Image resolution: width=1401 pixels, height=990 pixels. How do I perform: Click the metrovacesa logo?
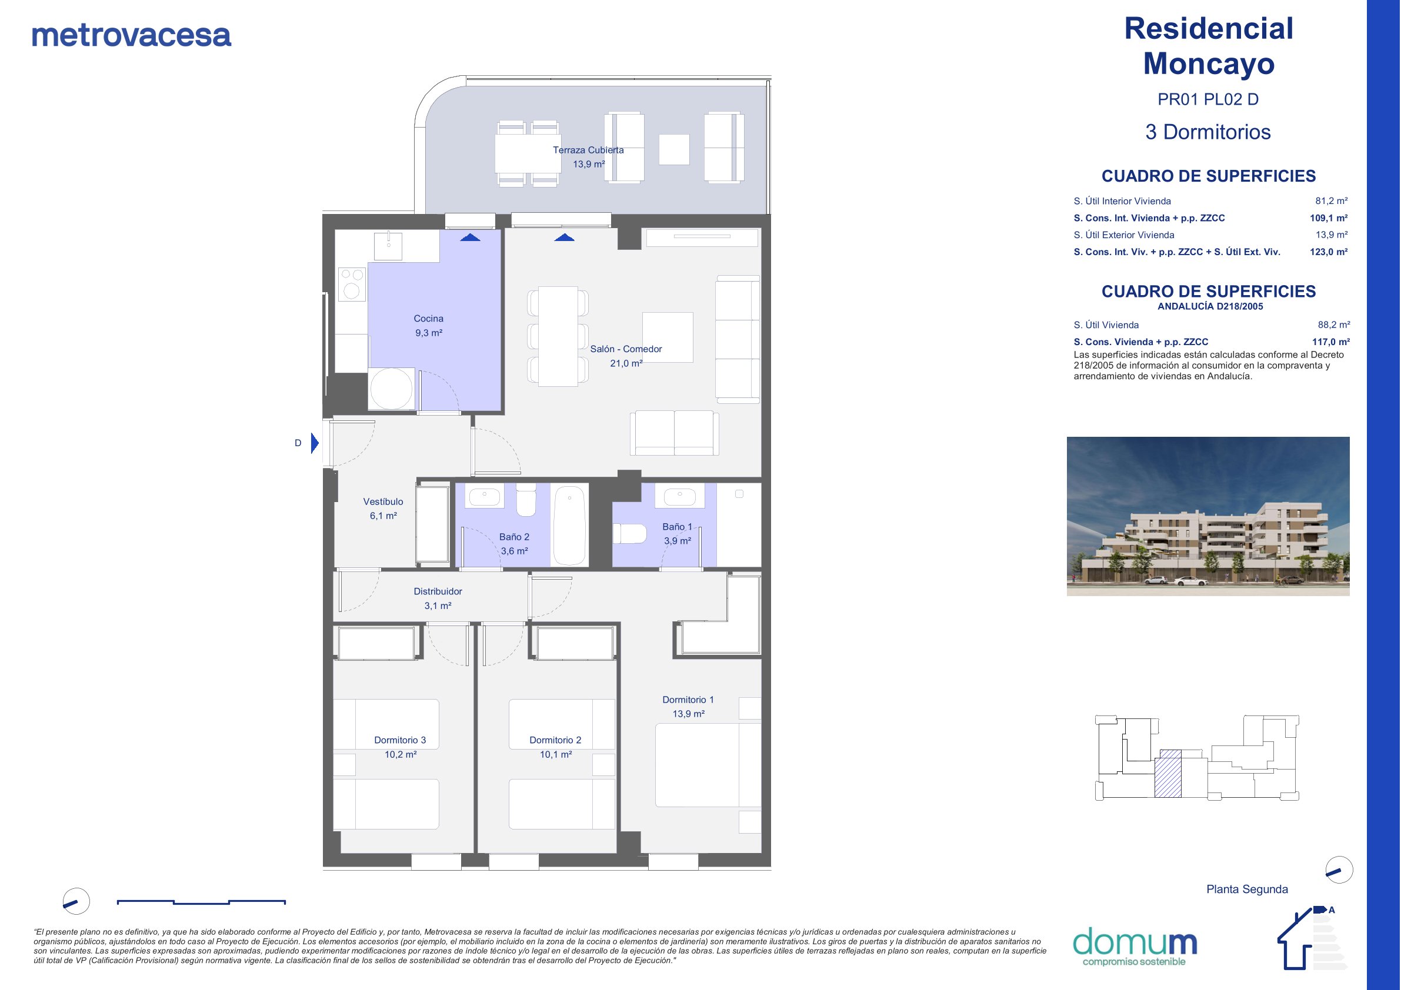point(131,35)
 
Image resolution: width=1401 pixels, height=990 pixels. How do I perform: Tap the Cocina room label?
point(428,319)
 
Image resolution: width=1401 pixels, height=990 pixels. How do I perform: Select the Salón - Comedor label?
point(625,349)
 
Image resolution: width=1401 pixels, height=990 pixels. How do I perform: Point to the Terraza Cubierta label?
point(588,150)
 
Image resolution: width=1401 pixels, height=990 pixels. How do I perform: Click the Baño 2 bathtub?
point(569,525)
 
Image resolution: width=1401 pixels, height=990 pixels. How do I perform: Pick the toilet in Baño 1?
point(629,534)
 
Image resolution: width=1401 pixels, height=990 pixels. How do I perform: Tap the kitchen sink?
point(388,246)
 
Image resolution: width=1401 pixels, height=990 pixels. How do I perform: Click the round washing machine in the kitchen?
point(391,389)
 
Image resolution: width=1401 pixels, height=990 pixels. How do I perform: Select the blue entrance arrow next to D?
point(315,443)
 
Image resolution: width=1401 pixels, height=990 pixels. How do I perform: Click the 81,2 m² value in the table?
point(1331,200)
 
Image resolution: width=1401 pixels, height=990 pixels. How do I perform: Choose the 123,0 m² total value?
point(1329,252)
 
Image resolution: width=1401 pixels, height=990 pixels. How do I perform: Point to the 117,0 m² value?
point(1331,342)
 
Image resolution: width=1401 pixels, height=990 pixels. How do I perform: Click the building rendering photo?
point(1207,516)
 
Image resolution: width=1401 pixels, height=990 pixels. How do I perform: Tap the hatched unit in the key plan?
point(1167,773)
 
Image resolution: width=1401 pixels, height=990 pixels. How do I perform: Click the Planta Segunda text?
point(1247,889)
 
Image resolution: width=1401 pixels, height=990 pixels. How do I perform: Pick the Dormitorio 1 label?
point(688,700)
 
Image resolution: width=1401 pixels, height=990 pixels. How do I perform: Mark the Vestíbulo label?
point(383,501)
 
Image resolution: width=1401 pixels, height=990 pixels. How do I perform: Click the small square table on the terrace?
point(674,149)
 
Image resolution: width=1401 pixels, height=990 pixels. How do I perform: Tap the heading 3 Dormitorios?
point(1207,132)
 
